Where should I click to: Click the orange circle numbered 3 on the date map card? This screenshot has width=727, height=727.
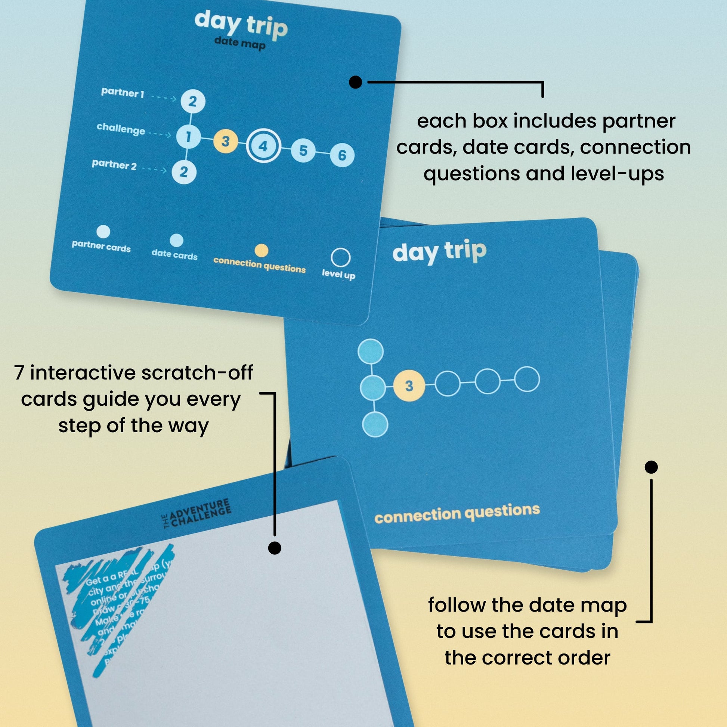click(225, 142)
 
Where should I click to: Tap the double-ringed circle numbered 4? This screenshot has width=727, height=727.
click(263, 146)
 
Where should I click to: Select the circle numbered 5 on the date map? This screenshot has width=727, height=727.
click(303, 151)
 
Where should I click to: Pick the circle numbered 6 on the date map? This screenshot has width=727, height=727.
click(342, 155)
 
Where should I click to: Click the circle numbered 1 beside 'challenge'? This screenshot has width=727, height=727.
click(189, 137)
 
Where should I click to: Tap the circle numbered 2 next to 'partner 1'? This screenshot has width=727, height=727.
click(193, 101)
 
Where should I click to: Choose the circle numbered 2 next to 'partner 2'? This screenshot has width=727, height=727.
click(184, 172)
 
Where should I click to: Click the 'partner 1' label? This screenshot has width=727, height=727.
click(123, 93)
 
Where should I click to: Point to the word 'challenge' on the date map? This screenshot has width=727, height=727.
click(121, 129)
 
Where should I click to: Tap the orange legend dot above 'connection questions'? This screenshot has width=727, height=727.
click(262, 251)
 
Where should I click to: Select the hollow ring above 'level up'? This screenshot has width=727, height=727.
click(341, 258)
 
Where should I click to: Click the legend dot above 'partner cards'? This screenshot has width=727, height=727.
click(103, 232)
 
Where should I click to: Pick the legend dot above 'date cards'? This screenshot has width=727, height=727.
click(176, 240)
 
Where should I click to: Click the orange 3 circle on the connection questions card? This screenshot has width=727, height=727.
click(409, 386)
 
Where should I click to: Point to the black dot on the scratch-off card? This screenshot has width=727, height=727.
click(275, 548)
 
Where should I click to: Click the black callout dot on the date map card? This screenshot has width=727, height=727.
click(356, 82)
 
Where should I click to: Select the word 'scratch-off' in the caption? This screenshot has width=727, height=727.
click(197, 373)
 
